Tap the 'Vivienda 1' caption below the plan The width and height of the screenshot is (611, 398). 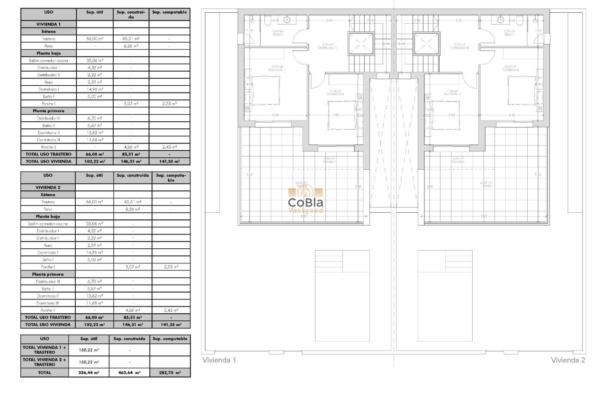(x=219, y=360)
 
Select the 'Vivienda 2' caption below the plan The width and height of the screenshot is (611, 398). (x=568, y=360)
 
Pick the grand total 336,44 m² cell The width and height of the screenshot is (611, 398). (x=89, y=373)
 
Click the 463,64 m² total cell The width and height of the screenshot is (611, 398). (x=129, y=373)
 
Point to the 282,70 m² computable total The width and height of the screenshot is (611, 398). (x=170, y=373)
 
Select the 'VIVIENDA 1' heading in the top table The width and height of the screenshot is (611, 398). (x=48, y=24)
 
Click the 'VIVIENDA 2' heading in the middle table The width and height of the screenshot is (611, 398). (x=48, y=187)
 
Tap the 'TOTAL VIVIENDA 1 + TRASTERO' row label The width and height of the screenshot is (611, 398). (x=45, y=350)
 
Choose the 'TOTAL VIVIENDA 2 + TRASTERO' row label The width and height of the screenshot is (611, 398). (x=45, y=362)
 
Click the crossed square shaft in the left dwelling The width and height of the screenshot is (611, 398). (x=361, y=44)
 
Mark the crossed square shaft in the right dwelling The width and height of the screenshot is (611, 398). (x=426, y=44)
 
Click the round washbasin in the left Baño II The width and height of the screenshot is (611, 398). (x=288, y=19)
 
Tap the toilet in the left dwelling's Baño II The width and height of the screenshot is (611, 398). (x=268, y=20)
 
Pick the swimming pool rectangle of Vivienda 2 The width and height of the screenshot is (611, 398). (x=445, y=295)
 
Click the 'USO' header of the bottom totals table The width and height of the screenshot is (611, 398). (x=45, y=339)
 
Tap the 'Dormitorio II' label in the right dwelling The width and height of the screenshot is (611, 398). (x=512, y=70)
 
